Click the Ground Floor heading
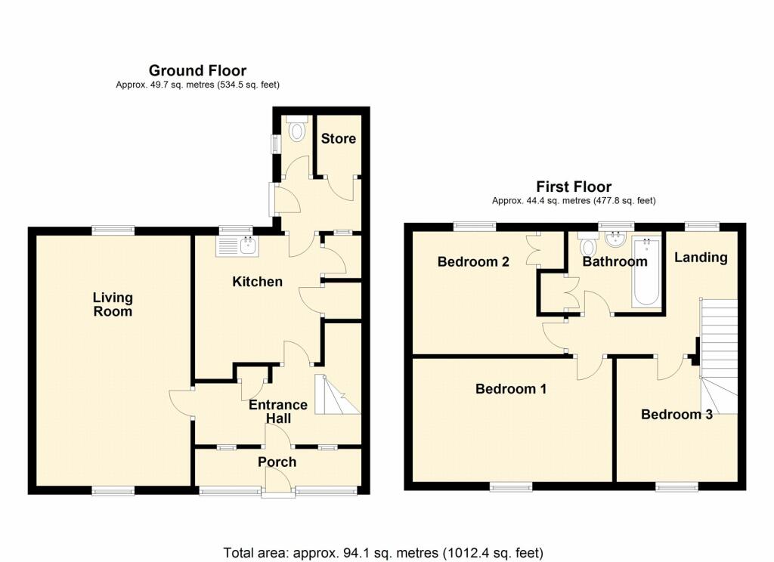(x=197, y=70)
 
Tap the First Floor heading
(x=574, y=187)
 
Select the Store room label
(x=338, y=139)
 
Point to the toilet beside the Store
(x=296, y=129)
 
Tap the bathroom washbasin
(x=615, y=239)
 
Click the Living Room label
(x=113, y=304)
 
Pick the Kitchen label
(x=257, y=282)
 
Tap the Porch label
(x=277, y=462)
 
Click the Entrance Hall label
(x=278, y=412)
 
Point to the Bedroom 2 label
(x=473, y=261)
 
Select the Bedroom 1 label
(x=511, y=389)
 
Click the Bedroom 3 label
(x=676, y=415)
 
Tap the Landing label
(x=701, y=257)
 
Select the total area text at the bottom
(x=383, y=552)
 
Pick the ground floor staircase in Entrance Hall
(x=338, y=395)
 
